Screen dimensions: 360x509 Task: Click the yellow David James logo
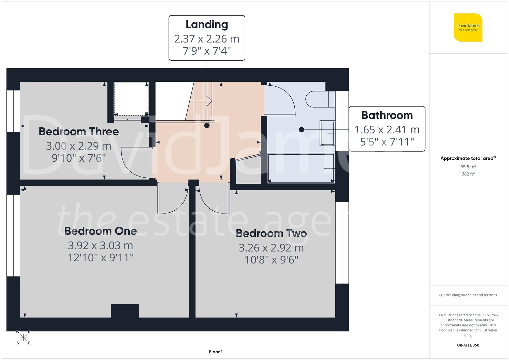coord(468,27)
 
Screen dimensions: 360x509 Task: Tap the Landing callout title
coord(207,24)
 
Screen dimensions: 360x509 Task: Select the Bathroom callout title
coord(387,115)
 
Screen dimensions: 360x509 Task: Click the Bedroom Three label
coord(79,131)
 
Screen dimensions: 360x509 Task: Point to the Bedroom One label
coord(100,231)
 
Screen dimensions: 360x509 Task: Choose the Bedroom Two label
coord(271,233)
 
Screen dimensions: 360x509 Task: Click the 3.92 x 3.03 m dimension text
coord(100,245)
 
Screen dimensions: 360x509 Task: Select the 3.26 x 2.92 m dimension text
coord(271,248)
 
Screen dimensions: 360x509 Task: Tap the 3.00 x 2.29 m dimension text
coord(79,146)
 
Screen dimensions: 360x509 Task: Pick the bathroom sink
coord(327,133)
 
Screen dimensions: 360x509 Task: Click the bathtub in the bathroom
coord(301,168)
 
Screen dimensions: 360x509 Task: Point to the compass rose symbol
coord(23,337)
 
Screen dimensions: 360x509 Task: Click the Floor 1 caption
coord(216,352)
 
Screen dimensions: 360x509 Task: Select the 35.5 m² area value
coord(468,167)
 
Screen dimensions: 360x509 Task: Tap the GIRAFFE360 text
coord(468,345)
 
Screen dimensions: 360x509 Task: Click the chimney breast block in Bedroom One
coord(125,311)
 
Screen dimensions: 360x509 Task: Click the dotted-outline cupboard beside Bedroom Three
coord(131,99)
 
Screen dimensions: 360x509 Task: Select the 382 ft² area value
coord(468,174)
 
